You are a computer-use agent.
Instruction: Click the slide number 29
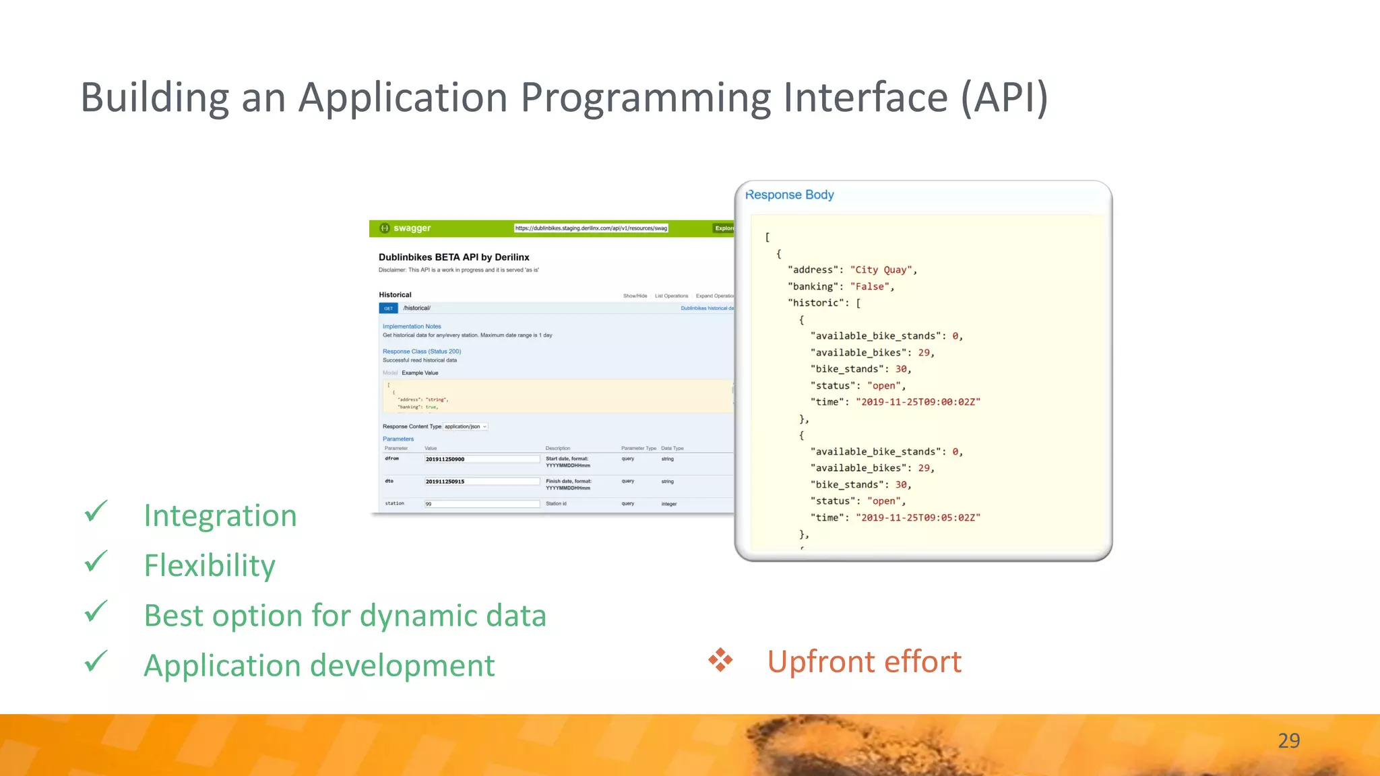[1288, 740]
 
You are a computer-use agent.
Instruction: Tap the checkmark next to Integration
[96, 512]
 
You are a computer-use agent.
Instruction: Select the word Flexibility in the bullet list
[210, 565]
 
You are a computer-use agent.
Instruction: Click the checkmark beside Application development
[96, 661]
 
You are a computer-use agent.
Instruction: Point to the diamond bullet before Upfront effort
[720, 660]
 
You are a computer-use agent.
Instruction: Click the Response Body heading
[790, 195]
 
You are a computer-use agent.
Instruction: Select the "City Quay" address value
[881, 269]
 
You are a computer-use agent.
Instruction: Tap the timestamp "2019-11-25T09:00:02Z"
[918, 402]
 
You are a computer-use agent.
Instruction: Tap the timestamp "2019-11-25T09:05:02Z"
[918, 517]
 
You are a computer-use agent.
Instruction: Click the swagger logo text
[412, 228]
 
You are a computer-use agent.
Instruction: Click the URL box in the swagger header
[591, 228]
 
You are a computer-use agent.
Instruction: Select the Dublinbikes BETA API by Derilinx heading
[453, 257]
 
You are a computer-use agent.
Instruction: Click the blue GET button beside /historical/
[389, 309]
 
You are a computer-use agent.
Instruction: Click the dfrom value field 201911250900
[481, 459]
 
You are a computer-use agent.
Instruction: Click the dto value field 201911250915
[481, 482]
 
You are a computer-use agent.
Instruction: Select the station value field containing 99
[481, 504]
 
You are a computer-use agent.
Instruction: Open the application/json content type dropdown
[465, 426]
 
